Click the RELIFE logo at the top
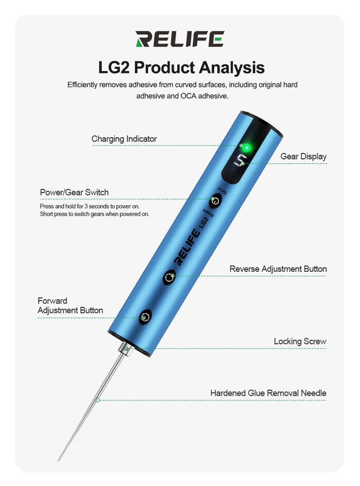click(180, 39)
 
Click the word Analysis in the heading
click(232, 68)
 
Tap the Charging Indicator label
click(124, 139)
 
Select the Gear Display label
click(303, 156)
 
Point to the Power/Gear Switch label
click(74, 192)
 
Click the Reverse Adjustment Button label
click(278, 269)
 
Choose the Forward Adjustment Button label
click(70, 305)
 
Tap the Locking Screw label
click(300, 341)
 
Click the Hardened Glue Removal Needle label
click(268, 393)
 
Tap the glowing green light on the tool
click(247, 148)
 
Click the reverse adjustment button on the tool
click(169, 277)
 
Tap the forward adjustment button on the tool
click(145, 317)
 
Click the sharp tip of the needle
click(58, 460)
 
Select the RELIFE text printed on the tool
click(187, 247)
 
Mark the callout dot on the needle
click(98, 400)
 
